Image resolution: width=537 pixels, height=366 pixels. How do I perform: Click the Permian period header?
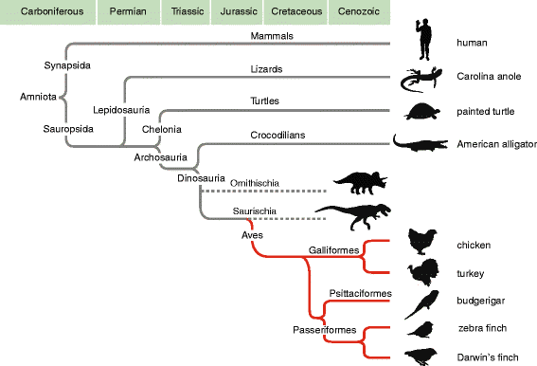129,12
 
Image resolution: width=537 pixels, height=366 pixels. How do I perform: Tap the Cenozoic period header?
359,12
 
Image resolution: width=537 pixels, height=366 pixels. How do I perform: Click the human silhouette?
424,39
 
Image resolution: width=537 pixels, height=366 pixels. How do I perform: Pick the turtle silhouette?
422,111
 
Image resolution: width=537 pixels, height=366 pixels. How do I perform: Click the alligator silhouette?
421,143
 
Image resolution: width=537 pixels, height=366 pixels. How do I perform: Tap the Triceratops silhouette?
361,183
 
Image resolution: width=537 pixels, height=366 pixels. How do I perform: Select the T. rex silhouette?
353,216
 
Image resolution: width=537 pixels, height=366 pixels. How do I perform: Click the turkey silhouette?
423,272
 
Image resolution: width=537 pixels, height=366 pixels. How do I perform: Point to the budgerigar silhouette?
422,304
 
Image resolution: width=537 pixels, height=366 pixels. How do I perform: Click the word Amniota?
38,97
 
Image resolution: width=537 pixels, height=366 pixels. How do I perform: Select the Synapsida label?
67,65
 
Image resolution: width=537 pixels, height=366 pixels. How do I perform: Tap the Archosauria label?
160,157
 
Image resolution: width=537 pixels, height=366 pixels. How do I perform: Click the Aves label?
252,235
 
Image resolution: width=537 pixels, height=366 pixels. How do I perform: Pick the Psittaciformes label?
360,293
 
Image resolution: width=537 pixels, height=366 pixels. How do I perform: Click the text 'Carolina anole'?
489,76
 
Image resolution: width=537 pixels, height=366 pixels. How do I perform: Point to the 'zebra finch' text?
482,328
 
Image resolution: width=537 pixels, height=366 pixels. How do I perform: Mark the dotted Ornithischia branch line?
263,191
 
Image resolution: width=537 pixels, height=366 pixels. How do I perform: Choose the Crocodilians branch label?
277,135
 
